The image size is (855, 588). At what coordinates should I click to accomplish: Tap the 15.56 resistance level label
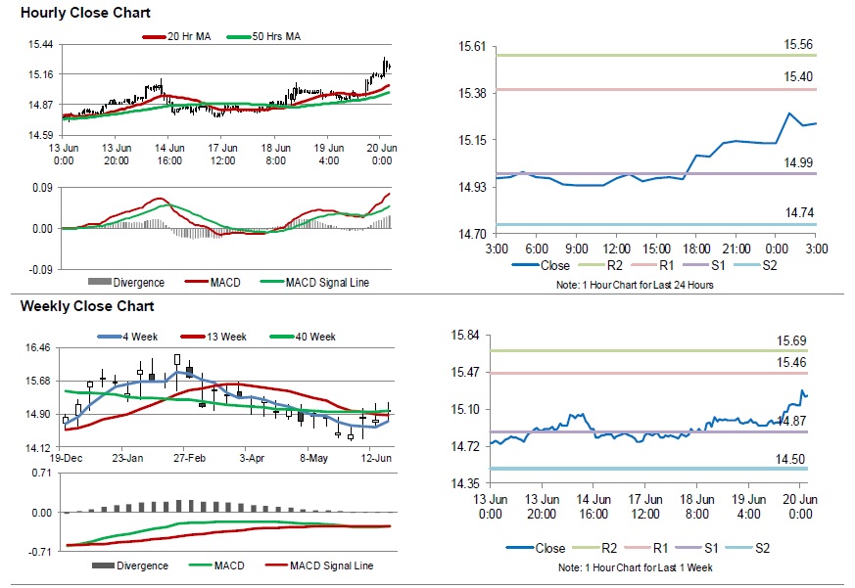click(798, 45)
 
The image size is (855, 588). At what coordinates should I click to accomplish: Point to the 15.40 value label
click(798, 76)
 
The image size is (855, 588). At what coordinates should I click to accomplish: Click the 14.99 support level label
click(798, 162)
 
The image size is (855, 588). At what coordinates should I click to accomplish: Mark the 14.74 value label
click(798, 212)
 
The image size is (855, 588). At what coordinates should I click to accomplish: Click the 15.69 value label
click(791, 340)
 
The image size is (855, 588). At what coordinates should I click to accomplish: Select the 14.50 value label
click(791, 458)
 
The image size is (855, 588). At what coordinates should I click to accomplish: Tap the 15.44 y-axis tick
click(41, 45)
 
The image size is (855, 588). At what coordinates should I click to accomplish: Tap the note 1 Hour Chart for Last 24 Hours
click(639, 285)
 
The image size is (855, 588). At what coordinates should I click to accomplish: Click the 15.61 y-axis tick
click(474, 47)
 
